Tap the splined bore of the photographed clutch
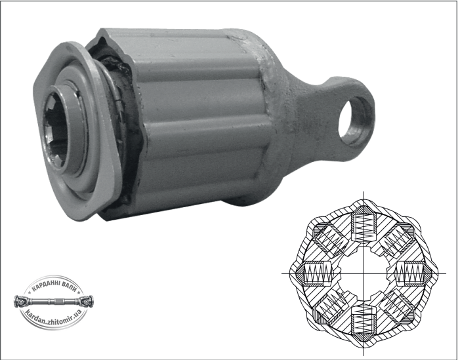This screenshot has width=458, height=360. [x=56, y=129]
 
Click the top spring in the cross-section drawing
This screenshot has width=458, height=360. [x=364, y=226]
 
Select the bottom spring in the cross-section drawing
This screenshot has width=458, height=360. [x=364, y=321]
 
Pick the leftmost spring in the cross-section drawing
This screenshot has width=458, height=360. [x=316, y=273]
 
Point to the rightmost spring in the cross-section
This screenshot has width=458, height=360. [x=411, y=273]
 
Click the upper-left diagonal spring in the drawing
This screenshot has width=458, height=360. [x=331, y=239]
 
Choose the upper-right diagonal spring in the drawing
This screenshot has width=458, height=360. [x=397, y=239]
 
